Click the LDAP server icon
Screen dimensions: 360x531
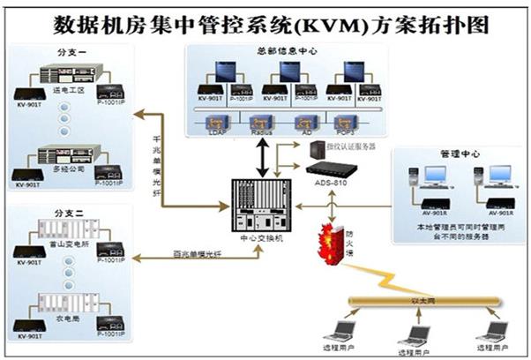coord(214,123)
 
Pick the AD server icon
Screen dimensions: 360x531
coord(303,123)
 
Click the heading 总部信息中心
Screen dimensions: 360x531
coord(279,51)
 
